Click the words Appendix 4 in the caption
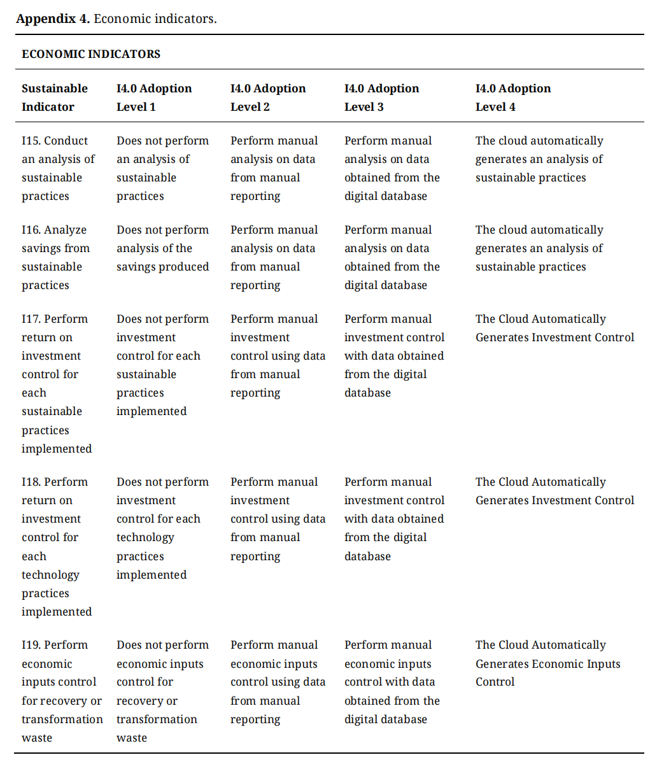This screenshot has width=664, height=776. [x=53, y=18]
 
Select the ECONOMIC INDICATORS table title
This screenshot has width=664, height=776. [x=91, y=54]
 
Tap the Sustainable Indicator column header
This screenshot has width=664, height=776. [x=55, y=97]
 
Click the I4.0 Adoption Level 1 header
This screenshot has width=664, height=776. [x=154, y=97]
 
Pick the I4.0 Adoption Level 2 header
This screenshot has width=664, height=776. [x=268, y=97]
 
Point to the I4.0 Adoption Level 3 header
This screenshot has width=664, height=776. [x=382, y=97]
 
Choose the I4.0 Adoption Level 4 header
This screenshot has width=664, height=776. [x=513, y=97]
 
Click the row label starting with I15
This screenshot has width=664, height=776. [x=58, y=168]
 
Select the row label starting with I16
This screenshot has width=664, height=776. [x=55, y=257]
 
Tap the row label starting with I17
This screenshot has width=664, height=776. [x=57, y=383]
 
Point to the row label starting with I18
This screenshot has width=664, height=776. [x=57, y=546]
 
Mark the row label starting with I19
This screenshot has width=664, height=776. [x=62, y=691]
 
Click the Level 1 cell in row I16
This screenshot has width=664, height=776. [x=162, y=248]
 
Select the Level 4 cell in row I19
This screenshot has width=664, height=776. [x=547, y=663]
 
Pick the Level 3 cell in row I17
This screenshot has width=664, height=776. [x=394, y=355]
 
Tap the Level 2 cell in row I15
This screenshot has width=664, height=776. [x=274, y=168]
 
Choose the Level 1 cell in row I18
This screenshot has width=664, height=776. [x=162, y=528]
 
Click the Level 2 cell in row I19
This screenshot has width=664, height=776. [x=278, y=682]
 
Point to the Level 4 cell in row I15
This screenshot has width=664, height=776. [x=539, y=159]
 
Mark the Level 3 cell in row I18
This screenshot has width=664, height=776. [x=394, y=518]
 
